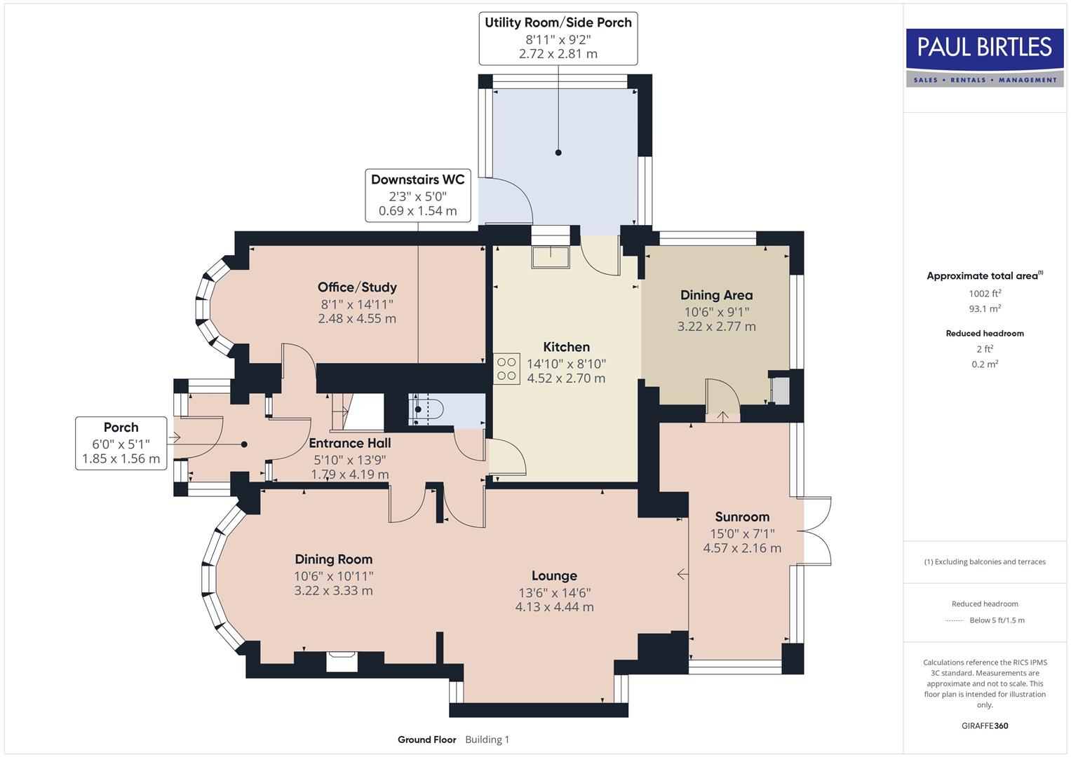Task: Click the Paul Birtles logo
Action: (985, 57)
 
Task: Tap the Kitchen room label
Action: (566, 347)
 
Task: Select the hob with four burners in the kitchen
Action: (506, 369)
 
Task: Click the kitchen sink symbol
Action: (551, 257)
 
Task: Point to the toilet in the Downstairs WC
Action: (425, 410)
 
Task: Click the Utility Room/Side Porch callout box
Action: (558, 38)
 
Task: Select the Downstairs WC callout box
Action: (417, 196)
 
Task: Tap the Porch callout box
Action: (121, 443)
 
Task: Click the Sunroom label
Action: (742, 517)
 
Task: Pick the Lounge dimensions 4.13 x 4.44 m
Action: (554, 607)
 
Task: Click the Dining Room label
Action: (333, 559)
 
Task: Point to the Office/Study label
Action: (357, 287)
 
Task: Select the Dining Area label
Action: (716, 295)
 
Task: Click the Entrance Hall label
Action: (350, 443)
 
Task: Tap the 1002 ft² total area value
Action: (985, 294)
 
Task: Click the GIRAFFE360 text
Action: (985, 725)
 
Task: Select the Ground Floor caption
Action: (426, 739)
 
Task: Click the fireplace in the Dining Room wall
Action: (342, 661)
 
